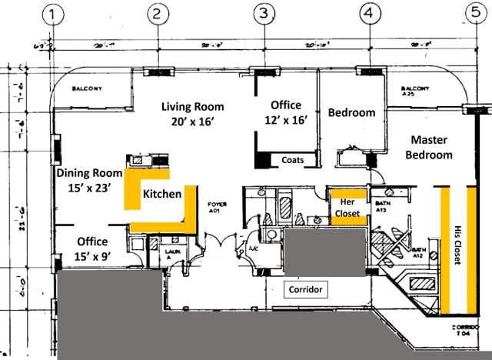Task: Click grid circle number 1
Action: [x=52, y=13]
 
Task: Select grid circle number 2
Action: [x=157, y=13]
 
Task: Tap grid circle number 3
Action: [x=264, y=13]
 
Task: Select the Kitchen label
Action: [x=162, y=195]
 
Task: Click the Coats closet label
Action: [x=292, y=161]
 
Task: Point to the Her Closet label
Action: [x=347, y=207]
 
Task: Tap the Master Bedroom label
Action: [x=431, y=147]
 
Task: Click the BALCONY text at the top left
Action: [x=87, y=88]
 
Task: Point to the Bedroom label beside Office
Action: [x=351, y=112]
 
